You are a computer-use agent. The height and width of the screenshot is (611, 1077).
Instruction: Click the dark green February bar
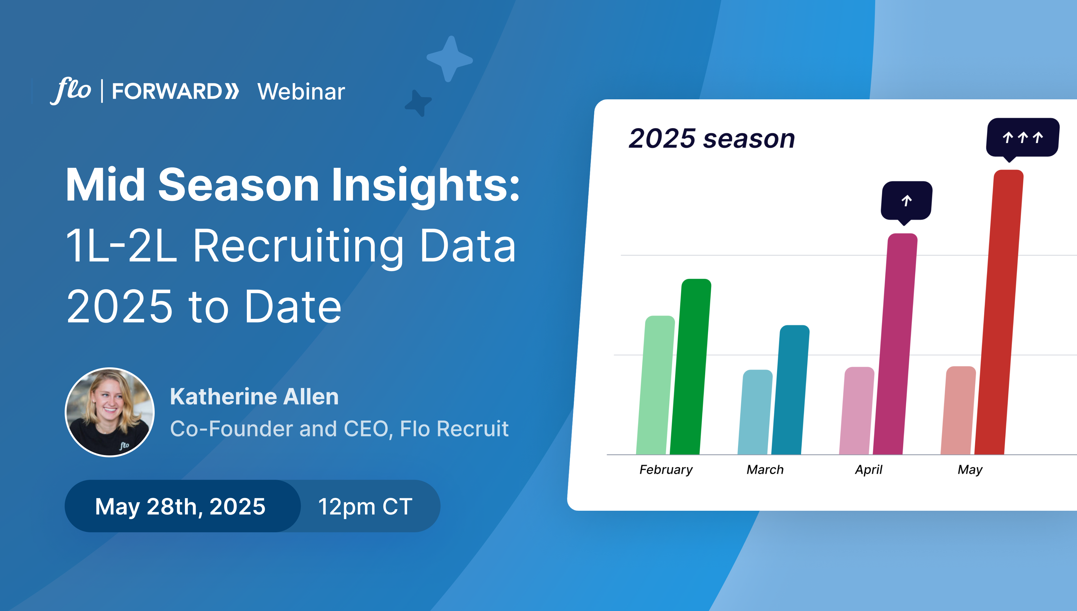pyautogui.click(x=691, y=366)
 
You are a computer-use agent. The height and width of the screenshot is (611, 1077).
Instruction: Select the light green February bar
pyautogui.click(x=655, y=385)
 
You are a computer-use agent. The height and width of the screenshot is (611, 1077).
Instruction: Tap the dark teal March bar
pyautogui.click(x=790, y=390)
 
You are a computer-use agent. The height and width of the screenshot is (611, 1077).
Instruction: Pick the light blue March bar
pyautogui.click(x=755, y=412)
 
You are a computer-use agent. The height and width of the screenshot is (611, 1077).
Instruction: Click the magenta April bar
pyautogui.click(x=895, y=344)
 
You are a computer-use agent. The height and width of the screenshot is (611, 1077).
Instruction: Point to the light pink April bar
pyautogui.click(x=857, y=410)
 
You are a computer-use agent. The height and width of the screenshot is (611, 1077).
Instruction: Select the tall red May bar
pyautogui.click(x=999, y=312)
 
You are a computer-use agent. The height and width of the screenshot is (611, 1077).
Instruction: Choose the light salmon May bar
pyautogui.click(x=958, y=410)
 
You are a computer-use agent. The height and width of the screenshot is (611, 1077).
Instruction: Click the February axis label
pyautogui.click(x=666, y=469)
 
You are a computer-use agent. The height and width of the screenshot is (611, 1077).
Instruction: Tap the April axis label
pyautogui.click(x=868, y=469)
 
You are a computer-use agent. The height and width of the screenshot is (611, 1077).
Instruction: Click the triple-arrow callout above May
pyautogui.click(x=1022, y=138)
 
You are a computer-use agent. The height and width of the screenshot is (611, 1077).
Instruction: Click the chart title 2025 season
pyautogui.click(x=711, y=138)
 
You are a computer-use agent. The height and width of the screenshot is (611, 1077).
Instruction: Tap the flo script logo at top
pyautogui.click(x=71, y=91)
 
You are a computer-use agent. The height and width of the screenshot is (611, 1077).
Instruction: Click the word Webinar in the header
pyautogui.click(x=301, y=92)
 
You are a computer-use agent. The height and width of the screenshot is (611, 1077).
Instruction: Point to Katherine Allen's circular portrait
pyautogui.click(x=110, y=412)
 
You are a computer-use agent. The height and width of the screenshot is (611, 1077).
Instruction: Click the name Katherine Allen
pyautogui.click(x=254, y=397)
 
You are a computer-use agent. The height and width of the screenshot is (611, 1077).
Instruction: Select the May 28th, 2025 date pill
pyautogui.click(x=182, y=506)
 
